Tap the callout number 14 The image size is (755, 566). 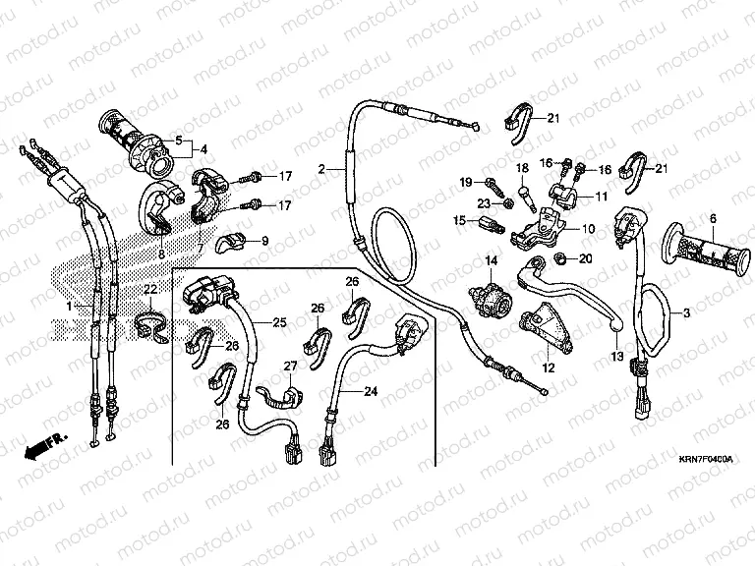(x=486, y=259)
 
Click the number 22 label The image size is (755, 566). (x=149, y=289)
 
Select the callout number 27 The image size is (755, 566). (x=290, y=366)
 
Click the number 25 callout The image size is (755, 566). (x=279, y=322)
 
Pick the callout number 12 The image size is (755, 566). (x=549, y=368)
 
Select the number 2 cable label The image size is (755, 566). (x=320, y=169)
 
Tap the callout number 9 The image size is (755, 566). (x=264, y=240)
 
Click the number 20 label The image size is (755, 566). (x=585, y=258)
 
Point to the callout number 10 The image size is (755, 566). (x=589, y=229)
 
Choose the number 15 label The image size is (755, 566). (x=458, y=221)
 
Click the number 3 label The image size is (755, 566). (x=686, y=311)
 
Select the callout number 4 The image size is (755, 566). (x=203, y=150)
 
